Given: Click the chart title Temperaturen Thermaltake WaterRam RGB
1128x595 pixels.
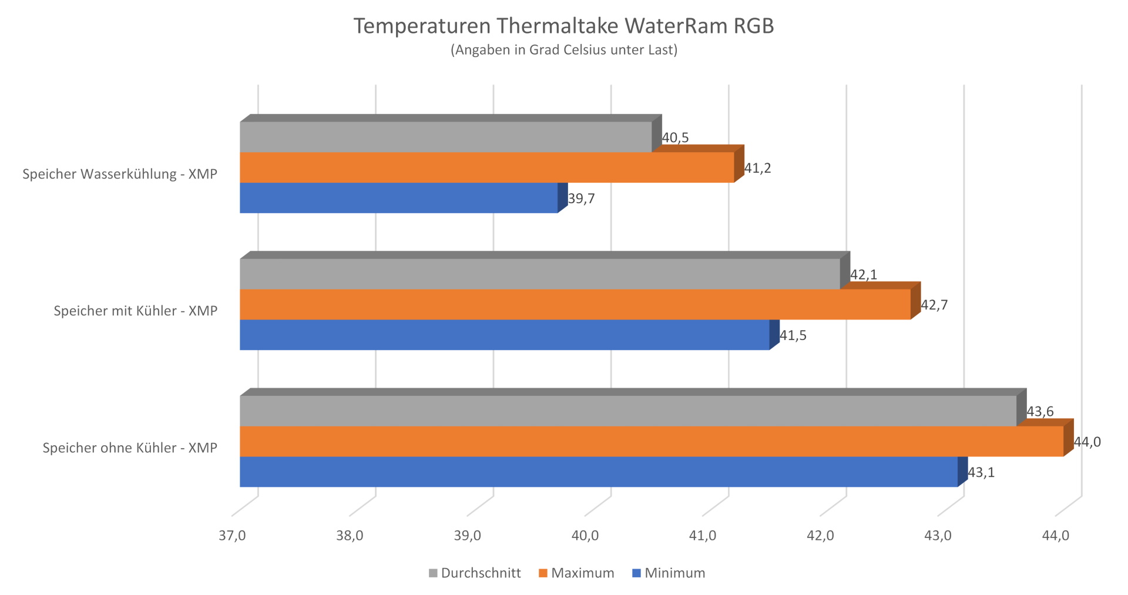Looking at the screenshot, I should point(563,26).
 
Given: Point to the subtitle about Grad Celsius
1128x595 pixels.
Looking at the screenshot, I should point(563,50).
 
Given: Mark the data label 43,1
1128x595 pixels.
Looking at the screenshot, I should point(981,473).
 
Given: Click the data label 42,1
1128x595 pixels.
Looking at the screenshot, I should point(864,274).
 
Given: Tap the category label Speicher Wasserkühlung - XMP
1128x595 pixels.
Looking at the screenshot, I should point(120,174).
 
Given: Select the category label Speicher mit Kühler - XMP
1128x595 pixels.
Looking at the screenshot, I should point(136,311).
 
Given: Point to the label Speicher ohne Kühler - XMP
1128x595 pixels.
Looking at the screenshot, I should point(130,448).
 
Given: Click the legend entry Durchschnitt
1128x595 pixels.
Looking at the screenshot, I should point(475,573).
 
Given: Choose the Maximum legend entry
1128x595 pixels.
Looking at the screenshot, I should point(576,573).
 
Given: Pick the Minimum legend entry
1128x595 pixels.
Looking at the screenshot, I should point(669,573).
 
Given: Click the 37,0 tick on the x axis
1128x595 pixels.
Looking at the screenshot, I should point(232,536).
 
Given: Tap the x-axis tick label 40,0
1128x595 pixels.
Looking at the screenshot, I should point(585,536).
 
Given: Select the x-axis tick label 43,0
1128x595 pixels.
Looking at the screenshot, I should point(938,536).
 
